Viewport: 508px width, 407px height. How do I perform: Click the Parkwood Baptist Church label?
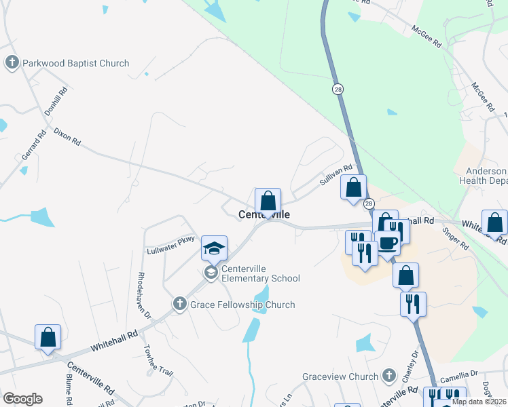(x=75, y=63)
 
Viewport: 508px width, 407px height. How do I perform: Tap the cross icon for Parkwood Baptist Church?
(x=12, y=63)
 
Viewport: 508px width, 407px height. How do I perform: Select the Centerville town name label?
(x=264, y=214)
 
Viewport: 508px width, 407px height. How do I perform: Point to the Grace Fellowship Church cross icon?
(x=179, y=304)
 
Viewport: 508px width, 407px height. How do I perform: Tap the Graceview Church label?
(x=340, y=376)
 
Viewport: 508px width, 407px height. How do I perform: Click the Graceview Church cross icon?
(x=388, y=375)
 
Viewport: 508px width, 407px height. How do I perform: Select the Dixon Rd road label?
(x=67, y=137)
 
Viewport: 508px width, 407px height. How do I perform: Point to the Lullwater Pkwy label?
(x=170, y=244)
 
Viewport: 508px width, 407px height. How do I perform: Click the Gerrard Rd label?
(x=33, y=144)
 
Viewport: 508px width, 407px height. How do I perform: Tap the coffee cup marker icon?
(x=387, y=242)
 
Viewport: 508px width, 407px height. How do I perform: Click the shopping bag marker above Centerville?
(x=268, y=201)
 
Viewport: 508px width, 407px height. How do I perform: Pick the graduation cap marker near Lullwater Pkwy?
(x=214, y=248)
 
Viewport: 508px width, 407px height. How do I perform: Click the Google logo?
(x=22, y=399)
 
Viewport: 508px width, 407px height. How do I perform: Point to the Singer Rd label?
(x=455, y=241)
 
